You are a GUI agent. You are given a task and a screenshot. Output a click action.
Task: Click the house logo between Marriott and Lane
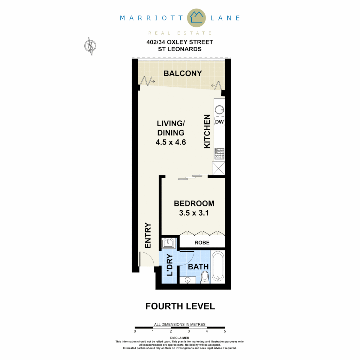(x=197, y=18)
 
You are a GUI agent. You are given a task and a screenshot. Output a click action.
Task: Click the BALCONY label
(x=183, y=73)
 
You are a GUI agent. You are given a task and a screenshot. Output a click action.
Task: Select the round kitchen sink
(x=219, y=110)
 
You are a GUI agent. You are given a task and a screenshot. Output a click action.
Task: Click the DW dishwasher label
(x=219, y=122)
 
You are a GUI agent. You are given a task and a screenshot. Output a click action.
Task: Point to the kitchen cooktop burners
(x=219, y=153)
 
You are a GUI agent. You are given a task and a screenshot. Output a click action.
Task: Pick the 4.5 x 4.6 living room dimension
(x=170, y=142)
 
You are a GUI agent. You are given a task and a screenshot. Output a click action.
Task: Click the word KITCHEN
(x=207, y=131)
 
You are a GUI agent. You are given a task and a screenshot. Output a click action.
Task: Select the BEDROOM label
(x=194, y=203)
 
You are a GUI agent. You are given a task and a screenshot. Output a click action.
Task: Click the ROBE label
(x=202, y=243)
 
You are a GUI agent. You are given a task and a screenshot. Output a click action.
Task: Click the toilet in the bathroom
(x=205, y=277)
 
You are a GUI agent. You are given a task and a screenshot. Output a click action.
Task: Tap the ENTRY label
(x=148, y=235)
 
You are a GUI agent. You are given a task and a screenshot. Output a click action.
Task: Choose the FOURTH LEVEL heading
(x=180, y=306)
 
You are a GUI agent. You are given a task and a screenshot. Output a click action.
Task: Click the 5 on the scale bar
(x=225, y=331)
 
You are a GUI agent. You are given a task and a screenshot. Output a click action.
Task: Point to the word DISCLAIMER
(x=180, y=338)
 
